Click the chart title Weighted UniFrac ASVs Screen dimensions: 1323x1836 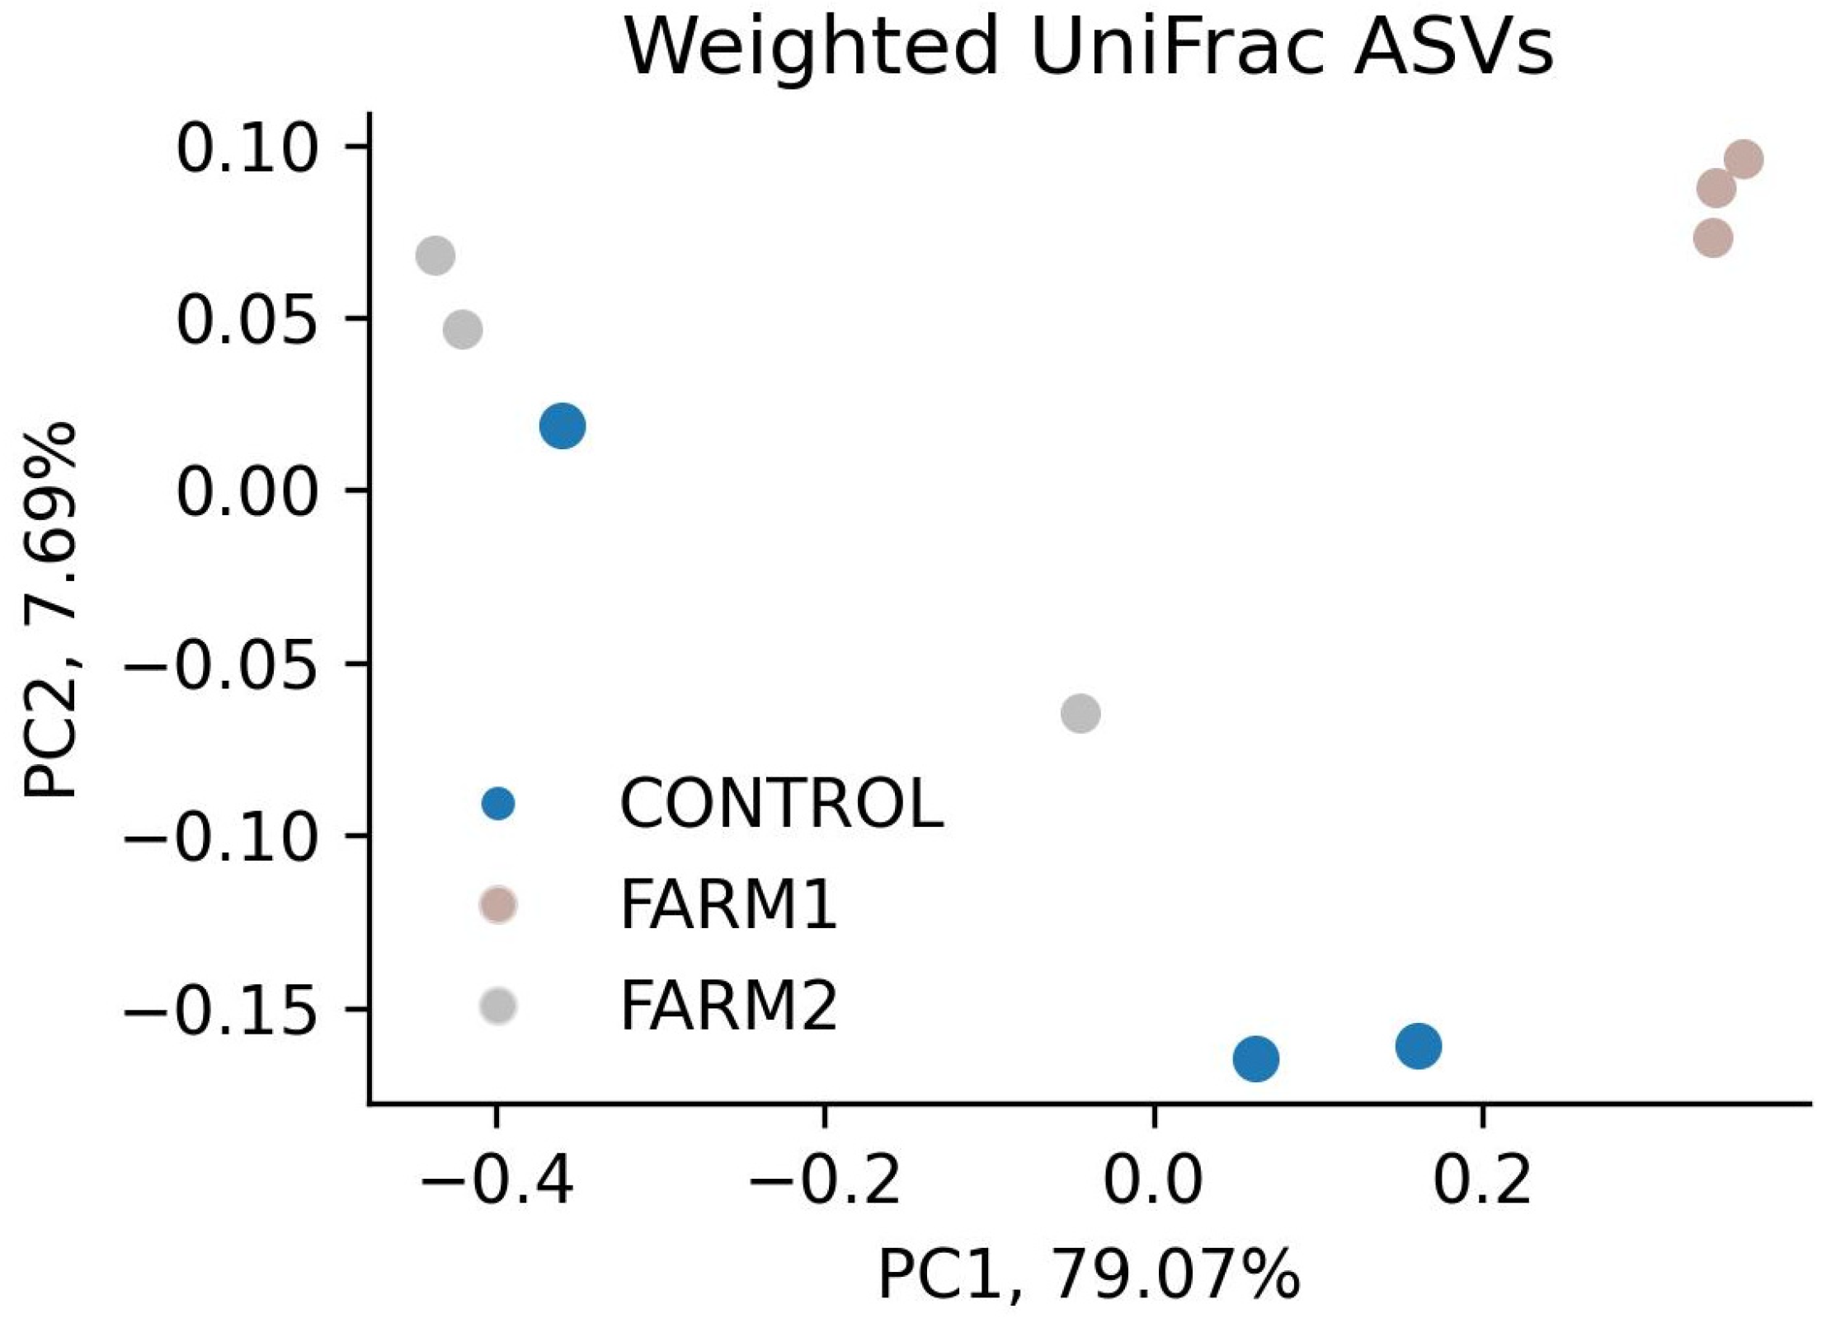pos(1088,47)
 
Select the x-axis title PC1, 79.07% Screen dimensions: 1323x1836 pos(1088,1275)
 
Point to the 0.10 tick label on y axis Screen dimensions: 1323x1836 pos(247,149)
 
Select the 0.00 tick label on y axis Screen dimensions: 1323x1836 pos(247,494)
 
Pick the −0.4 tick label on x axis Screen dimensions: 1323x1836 pos(497,1181)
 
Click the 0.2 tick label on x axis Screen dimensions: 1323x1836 pos(1482,1181)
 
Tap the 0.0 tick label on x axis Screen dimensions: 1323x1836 pos(1153,1181)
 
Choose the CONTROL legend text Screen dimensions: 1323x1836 pos(780,804)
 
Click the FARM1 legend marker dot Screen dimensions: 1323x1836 pos(498,905)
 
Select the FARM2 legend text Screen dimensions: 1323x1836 pos(727,1006)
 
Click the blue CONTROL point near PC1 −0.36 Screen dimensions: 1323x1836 pos(563,426)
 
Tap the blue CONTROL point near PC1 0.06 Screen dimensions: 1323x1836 pos(1255,1058)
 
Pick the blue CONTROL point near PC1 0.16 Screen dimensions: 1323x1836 pos(1418,1046)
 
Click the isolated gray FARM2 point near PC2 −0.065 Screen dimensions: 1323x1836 pos(1080,713)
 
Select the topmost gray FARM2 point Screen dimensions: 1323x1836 pos(435,256)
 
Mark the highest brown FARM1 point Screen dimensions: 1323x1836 pos(1744,159)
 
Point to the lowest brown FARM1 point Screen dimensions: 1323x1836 pos(1713,239)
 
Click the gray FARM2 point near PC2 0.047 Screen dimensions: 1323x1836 pos(463,330)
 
